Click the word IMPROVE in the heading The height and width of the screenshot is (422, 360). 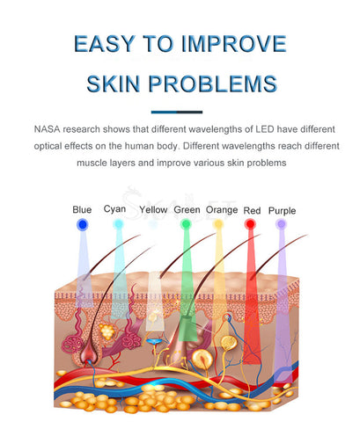pos(233,44)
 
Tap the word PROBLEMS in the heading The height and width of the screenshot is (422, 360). pos(212,84)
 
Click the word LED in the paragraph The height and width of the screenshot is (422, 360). pos(265,129)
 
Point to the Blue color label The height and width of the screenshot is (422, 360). pos(82,210)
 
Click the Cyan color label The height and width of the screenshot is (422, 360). pos(114,209)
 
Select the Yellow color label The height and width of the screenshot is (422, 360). pos(153,210)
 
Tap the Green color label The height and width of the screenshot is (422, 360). pos(187,210)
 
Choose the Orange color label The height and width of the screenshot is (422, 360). pos(222,210)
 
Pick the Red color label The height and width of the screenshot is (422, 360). pos(252,210)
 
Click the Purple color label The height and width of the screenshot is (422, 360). pos(282,211)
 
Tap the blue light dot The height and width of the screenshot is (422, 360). pos(83,225)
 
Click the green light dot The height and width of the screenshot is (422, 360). pos(186,224)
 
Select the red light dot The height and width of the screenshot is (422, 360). pos(250,224)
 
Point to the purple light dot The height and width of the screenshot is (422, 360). pos(281,224)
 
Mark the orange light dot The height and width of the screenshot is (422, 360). pos(218,224)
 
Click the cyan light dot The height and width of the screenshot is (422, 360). pos(118,224)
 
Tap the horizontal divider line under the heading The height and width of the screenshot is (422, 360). pos(177,112)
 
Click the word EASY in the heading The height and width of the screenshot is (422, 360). pos(104,44)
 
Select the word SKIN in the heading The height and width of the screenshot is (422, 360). pos(114,84)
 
